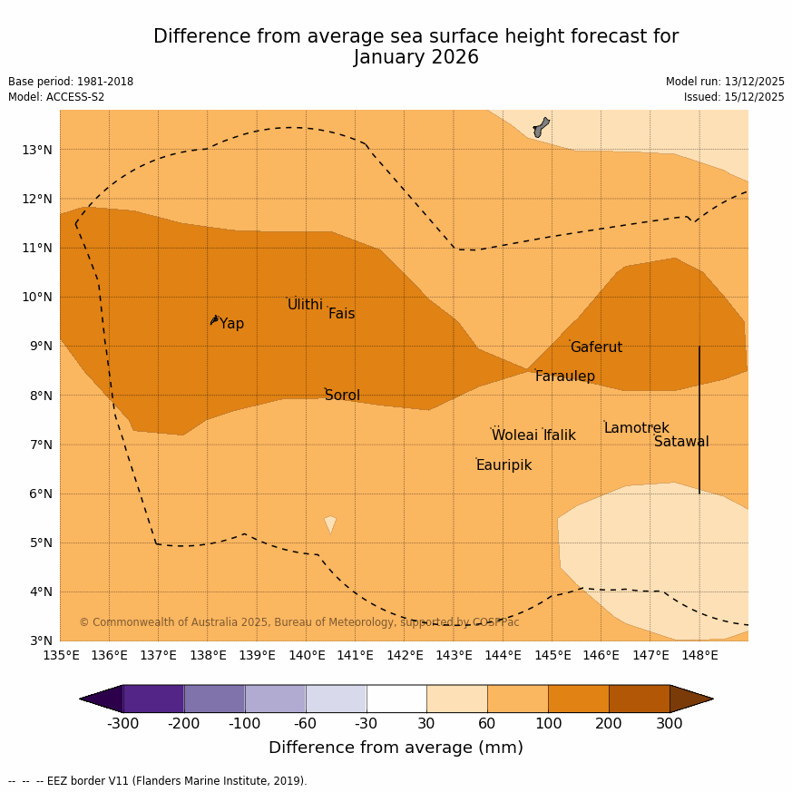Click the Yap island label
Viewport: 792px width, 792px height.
click(x=231, y=324)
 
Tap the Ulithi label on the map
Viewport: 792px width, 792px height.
click(x=305, y=305)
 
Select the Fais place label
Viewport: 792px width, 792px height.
click(x=341, y=314)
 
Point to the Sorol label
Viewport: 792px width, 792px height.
click(x=342, y=396)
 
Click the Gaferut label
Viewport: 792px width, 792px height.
click(x=596, y=347)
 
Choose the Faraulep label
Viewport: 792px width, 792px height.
click(x=564, y=376)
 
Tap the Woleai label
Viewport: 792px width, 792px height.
click(x=514, y=435)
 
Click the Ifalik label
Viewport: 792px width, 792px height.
click(x=560, y=435)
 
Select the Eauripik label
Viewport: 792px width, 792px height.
click(x=504, y=465)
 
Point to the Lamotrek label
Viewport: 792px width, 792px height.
click(x=636, y=428)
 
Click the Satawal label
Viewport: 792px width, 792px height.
click(x=681, y=442)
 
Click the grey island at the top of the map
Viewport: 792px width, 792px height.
click(x=541, y=126)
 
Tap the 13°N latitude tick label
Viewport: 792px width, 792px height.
click(x=36, y=150)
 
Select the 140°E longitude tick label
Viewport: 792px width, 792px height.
click(x=306, y=655)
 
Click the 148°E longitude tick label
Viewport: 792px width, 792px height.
click(x=699, y=655)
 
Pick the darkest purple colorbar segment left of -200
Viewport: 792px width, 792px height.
click(x=153, y=699)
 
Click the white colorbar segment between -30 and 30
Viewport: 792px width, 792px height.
click(x=396, y=699)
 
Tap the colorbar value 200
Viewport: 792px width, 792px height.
click(x=609, y=724)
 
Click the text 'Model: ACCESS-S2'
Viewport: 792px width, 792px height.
click(x=56, y=97)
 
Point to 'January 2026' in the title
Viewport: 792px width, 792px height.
click(x=416, y=58)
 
